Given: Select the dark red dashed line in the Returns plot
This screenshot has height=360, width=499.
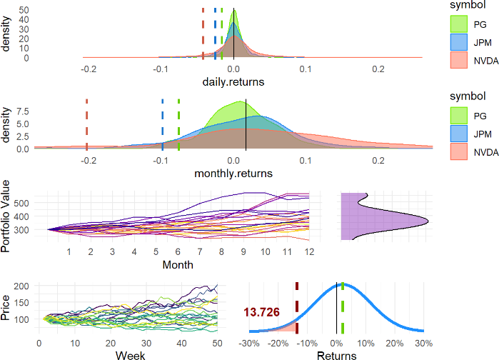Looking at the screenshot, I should tap(296, 307).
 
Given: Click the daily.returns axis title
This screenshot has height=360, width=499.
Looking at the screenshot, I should tap(233, 82).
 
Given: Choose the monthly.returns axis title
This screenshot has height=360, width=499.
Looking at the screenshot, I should tap(233, 173).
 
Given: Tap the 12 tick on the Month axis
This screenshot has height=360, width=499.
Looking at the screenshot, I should tap(308, 252).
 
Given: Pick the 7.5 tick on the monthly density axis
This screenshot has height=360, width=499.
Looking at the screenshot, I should tap(21, 111).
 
